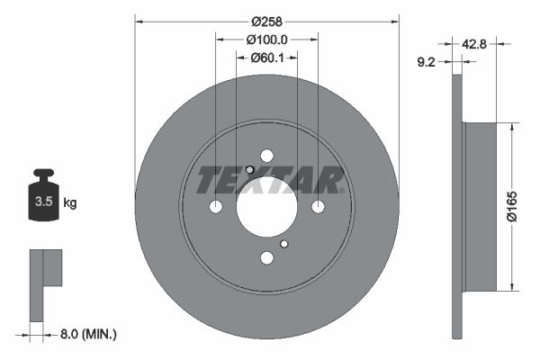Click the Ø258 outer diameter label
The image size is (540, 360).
266,21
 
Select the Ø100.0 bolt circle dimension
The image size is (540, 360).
266,40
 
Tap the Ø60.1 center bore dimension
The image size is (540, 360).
266,58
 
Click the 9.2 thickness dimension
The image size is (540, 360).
428,63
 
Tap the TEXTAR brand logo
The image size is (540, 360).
270,180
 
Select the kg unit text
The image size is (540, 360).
70,203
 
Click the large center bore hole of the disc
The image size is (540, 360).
266,207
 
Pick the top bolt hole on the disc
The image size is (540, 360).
266,156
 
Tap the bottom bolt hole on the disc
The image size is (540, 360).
266,258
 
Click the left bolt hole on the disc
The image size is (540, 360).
215,207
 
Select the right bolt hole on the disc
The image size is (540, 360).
318,207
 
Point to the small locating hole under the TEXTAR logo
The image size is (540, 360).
249,170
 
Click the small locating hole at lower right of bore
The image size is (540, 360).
283,244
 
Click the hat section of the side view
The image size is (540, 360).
479,206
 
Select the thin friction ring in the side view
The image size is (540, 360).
456,206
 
